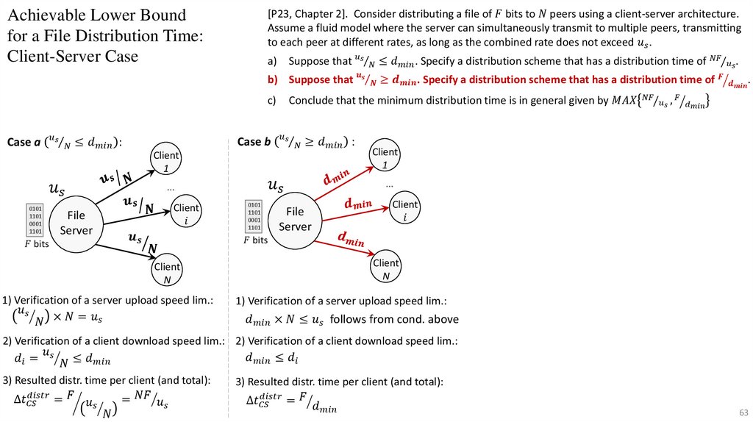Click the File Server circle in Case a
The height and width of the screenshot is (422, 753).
coord(76,223)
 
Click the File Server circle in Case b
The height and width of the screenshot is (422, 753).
coord(294,219)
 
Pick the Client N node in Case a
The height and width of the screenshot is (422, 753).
coord(167,273)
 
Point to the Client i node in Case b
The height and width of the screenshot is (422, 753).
coord(404,210)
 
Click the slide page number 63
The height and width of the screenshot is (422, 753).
coord(743,410)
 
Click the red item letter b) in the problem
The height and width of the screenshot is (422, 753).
coord(271,80)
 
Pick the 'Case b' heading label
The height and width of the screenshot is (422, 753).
coord(250,141)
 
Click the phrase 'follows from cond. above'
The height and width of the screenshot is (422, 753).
coord(394,319)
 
